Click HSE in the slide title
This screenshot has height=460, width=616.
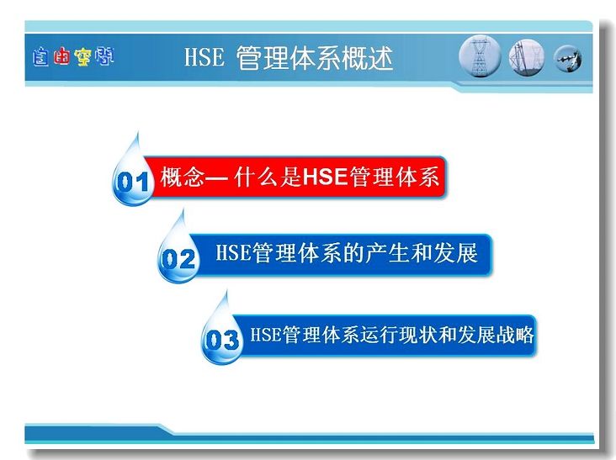point(204,57)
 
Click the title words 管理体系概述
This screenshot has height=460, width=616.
point(315,58)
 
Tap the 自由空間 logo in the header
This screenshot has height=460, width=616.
point(73,57)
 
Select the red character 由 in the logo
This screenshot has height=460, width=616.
point(61,56)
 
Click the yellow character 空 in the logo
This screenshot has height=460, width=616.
point(82,57)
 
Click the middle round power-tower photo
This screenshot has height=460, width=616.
point(527,58)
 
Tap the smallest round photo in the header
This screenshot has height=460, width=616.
point(568,59)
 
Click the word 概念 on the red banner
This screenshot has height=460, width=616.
point(183,177)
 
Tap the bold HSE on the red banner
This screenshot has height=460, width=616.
point(326,177)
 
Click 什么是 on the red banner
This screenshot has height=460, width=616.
point(268,177)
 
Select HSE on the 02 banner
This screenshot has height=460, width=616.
point(233,252)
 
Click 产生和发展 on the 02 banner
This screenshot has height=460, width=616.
point(422,253)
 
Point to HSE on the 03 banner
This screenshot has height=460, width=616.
point(266,335)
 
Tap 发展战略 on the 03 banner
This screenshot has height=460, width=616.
point(495,336)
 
